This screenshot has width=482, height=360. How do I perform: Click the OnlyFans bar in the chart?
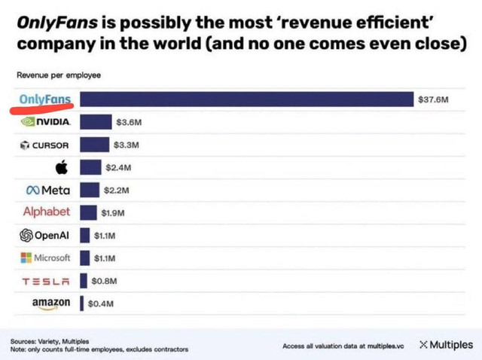pos(247,99)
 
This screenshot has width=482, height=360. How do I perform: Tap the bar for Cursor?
pos(94,144)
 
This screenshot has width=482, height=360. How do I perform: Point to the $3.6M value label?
pos(127,121)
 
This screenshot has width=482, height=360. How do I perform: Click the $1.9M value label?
pos(111,212)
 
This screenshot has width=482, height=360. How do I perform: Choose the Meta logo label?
pos(47,190)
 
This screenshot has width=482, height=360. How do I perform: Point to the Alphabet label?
pos(47,212)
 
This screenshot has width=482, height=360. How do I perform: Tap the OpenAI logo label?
pos(44,235)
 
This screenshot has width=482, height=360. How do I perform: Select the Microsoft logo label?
pos(46,258)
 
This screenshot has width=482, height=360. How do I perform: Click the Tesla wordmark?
pos(46,281)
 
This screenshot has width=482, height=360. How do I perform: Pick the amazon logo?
pos(51,303)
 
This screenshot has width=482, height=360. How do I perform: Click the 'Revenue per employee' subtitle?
pos(59,75)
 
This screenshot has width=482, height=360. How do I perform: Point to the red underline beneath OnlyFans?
pos(41,107)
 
